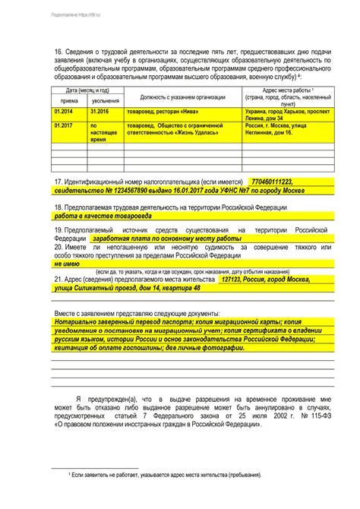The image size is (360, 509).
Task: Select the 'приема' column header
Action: click(69, 100)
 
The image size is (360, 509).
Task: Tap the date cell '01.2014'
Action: click(63, 111)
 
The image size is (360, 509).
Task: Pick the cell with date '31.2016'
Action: click(99, 111)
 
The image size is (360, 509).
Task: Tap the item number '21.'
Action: click(59, 279)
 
